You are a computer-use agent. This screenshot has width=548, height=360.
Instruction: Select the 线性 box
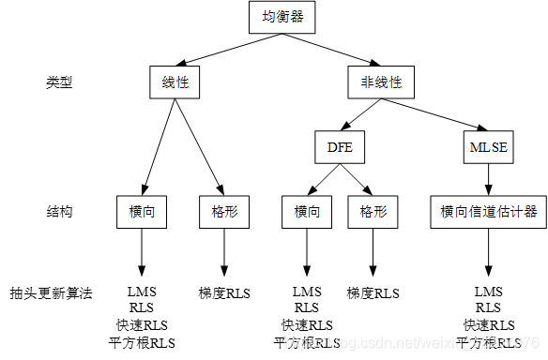175,82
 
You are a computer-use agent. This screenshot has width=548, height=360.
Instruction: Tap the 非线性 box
381,82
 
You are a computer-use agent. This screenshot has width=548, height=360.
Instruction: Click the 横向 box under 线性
143,212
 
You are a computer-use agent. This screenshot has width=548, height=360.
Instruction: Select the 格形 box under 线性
223,212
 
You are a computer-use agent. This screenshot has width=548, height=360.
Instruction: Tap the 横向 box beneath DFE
307,212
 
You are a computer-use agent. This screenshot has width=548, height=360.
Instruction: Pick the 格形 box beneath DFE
373,212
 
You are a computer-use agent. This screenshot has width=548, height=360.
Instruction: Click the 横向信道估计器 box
488,212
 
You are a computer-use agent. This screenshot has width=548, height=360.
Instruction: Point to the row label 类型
59,82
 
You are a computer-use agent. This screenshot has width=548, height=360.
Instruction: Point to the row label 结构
59,212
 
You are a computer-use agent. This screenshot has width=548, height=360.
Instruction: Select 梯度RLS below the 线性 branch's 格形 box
224,292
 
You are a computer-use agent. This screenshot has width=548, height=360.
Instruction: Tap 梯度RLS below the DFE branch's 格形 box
373,292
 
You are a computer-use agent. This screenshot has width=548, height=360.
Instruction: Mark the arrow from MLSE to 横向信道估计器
488,177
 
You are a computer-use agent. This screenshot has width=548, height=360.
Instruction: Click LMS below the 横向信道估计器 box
488,292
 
